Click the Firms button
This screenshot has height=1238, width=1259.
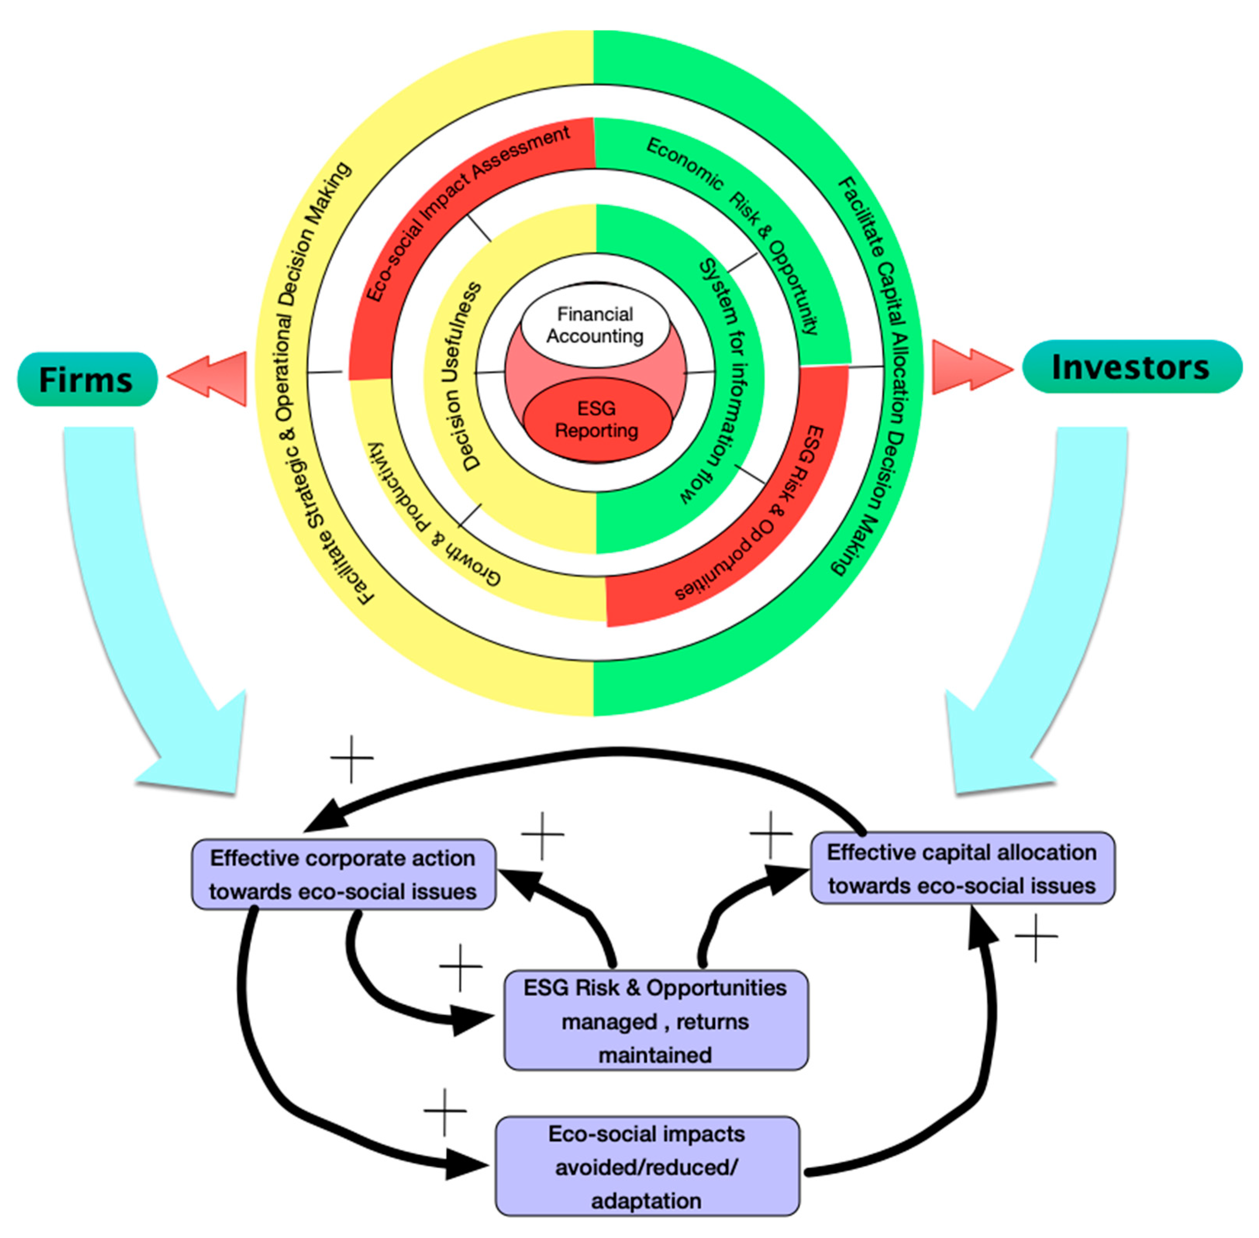click(86, 379)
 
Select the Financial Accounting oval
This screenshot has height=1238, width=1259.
click(595, 325)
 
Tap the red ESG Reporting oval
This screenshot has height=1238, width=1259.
click(597, 420)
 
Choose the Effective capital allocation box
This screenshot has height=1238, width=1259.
click(962, 868)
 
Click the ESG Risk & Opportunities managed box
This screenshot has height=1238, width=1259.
click(655, 1021)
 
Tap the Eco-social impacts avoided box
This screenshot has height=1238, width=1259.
click(647, 1167)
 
